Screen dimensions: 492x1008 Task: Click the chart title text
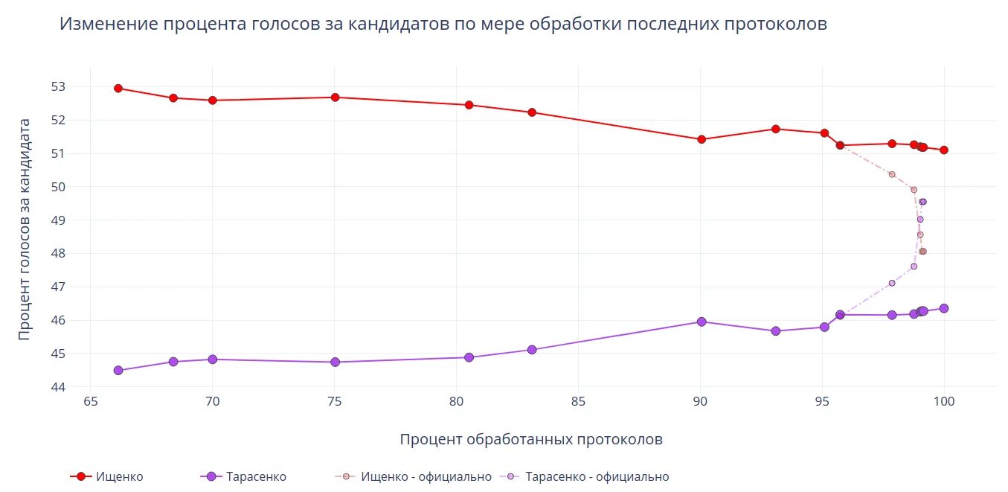pos(443,25)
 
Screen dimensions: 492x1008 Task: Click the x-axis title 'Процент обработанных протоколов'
pos(530,439)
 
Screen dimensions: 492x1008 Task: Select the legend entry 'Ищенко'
pos(119,476)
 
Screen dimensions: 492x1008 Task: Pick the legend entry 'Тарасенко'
pos(256,476)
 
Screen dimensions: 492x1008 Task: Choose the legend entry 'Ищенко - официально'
pos(426,476)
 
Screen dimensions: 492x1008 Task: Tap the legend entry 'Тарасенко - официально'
pos(597,476)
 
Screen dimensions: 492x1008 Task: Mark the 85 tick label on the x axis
pos(578,403)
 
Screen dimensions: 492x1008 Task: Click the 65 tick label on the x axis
pos(90,403)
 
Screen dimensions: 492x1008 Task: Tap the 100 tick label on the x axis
pos(944,403)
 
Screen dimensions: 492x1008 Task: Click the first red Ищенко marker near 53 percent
pos(118,88)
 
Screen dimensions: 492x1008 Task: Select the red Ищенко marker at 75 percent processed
pos(335,98)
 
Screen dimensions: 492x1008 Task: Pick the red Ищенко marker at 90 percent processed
pos(701,139)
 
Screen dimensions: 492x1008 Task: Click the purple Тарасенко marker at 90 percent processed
pos(701,322)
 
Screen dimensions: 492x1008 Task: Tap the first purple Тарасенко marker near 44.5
pos(118,370)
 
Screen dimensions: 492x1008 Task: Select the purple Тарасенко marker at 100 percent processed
pos(944,308)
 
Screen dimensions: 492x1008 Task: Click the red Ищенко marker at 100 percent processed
pos(944,150)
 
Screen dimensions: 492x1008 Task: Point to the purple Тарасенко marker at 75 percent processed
pos(335,362)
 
